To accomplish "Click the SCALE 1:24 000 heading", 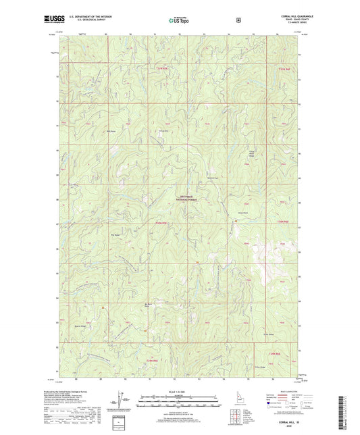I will tap(179, 390).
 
